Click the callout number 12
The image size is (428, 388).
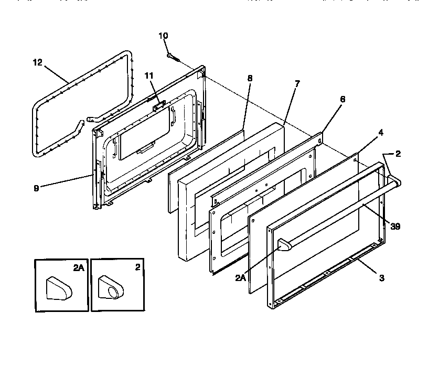pyautogui.click(x=37, y=62)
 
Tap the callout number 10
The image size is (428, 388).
pyautogui.click(x=163, y=36)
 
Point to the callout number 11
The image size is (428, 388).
pyautogui.click(x=149, y=76)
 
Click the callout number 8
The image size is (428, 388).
pyautogui.click(x=250, y=78)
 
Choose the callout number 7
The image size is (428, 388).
pyautogui.click(x=297, y=84)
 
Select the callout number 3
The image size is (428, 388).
pyautogui.click(x=381, y=278)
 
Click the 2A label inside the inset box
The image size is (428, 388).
pyautogui.click(x=78, y=267)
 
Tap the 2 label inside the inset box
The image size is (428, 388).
pyautogui.click(x=137, y=267)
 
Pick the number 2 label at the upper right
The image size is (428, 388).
pyautogui.click(x=398, y=154)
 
